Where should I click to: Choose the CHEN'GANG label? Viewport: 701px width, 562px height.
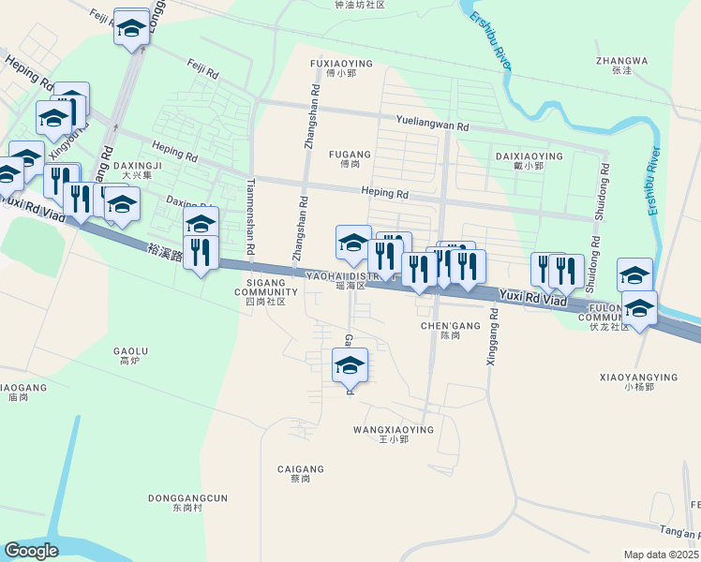coord(451,326)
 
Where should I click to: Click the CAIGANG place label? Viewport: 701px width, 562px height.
coord(300,469)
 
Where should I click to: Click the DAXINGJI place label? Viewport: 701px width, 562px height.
coord(142,166)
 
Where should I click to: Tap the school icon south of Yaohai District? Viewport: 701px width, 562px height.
coord(350,364)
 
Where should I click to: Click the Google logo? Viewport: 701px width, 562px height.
coord(31,551)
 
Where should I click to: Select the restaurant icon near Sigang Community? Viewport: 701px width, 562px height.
coord(201,252)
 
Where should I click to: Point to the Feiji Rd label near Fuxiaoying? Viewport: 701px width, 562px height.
coord(202,71)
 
